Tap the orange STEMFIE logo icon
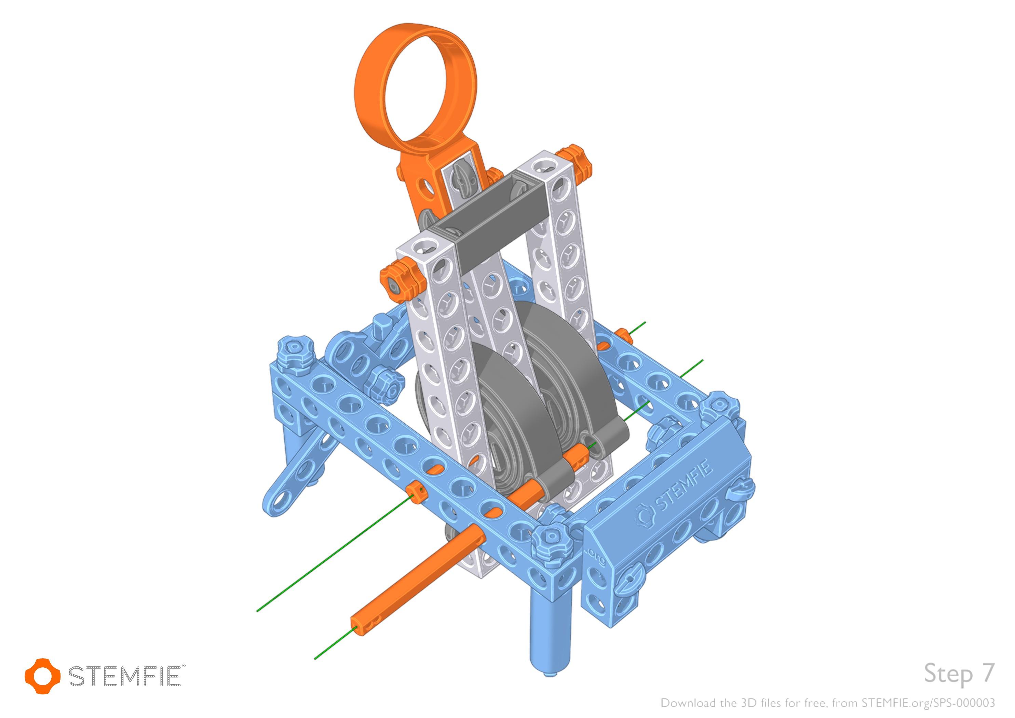[42, 676]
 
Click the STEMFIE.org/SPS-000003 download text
[928, 703]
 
